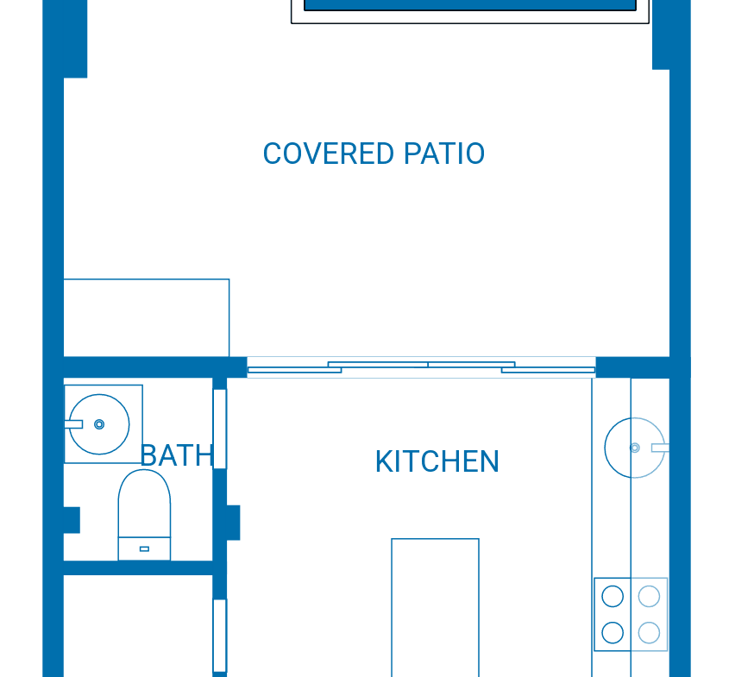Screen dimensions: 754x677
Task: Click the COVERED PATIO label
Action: pyautogui.click(x=374, y=154)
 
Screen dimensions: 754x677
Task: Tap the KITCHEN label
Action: pyautogui.click(x=437, y=461)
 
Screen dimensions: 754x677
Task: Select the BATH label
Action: pyautogui.click(x=177, y=455)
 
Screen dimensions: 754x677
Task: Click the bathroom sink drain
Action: pyautogui.click(x=99, y=424)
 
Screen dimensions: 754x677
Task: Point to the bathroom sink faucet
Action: pyautogui.click(x=73, y=424)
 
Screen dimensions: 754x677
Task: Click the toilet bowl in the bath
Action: pyautogui.click(x=144, y=503)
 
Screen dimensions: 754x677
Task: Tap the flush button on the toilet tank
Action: pyautogui.click(x=144, y=548)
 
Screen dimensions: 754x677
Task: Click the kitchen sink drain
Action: pyautogui.click(x=635, y=448)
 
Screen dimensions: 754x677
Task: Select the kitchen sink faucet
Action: pyautogui.click(x=660, y=448)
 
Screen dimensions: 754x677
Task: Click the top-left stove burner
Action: pyautogui.click(x=613, y=596)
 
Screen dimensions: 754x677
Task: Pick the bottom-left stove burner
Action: pyautogui.click(x=613, y=633)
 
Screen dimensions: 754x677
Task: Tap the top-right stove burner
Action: pyautogui.click(x=649, y=596)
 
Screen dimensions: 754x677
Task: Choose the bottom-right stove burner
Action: pyautogui.click(x=649, y=633)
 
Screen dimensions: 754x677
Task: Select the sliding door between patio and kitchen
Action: pyautogui.click(x=421, y=367)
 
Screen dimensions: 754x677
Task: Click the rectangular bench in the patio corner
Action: pyautogui.click(x=147, y=318)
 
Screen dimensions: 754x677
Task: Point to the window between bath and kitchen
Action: pyautogui.click(x=220, y=429)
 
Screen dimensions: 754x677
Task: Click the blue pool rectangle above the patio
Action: pyautogui.click(x=470, y=5)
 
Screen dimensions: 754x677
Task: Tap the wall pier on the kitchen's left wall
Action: pyautogui.click(x=233, y=523)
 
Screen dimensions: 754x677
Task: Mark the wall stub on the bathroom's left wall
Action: pyautogui.click(x=72, y=520)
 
